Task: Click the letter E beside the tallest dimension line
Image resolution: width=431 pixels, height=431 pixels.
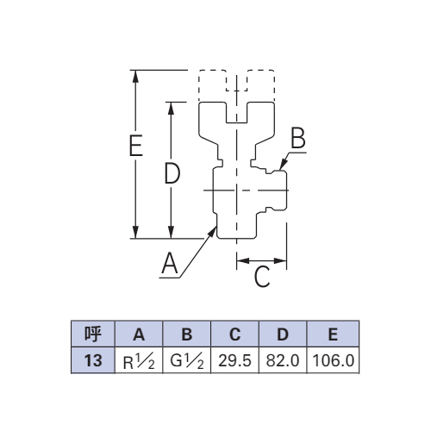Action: (x=136, y=145)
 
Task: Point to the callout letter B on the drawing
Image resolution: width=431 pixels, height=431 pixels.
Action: (x=298, y=138)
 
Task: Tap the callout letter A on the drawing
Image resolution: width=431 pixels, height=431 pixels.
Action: (x=170, y=263)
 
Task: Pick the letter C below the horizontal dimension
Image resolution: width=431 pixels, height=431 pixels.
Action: (x=262, y=277)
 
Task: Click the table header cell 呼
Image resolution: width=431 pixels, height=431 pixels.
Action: (x=93, y=334)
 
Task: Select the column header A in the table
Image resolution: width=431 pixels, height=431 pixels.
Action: (x=139, y=334)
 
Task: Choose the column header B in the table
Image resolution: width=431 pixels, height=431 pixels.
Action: (x=187, y=334)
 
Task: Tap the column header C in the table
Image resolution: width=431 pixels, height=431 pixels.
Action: (x=234, y=334)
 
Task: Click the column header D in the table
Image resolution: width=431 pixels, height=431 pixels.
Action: (x=283, y=334)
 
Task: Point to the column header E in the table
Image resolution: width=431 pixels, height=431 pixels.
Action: (x=333, y=334)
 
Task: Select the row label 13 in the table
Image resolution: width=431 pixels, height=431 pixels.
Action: (x=93, y=360)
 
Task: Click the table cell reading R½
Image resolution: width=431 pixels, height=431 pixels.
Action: (x=139, y=360)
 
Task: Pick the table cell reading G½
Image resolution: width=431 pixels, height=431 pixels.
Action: (x=187, y=360)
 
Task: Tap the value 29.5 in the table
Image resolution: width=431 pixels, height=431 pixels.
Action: (x=234, y=360)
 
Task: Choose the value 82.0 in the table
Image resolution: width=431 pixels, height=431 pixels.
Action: (x=283, y=360)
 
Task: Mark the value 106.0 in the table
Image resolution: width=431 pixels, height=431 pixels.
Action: (x=333, y=360)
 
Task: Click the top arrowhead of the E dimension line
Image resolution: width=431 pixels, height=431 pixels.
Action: (x=136, y=77)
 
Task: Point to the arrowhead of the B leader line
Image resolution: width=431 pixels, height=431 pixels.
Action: (x=283, y=164)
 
